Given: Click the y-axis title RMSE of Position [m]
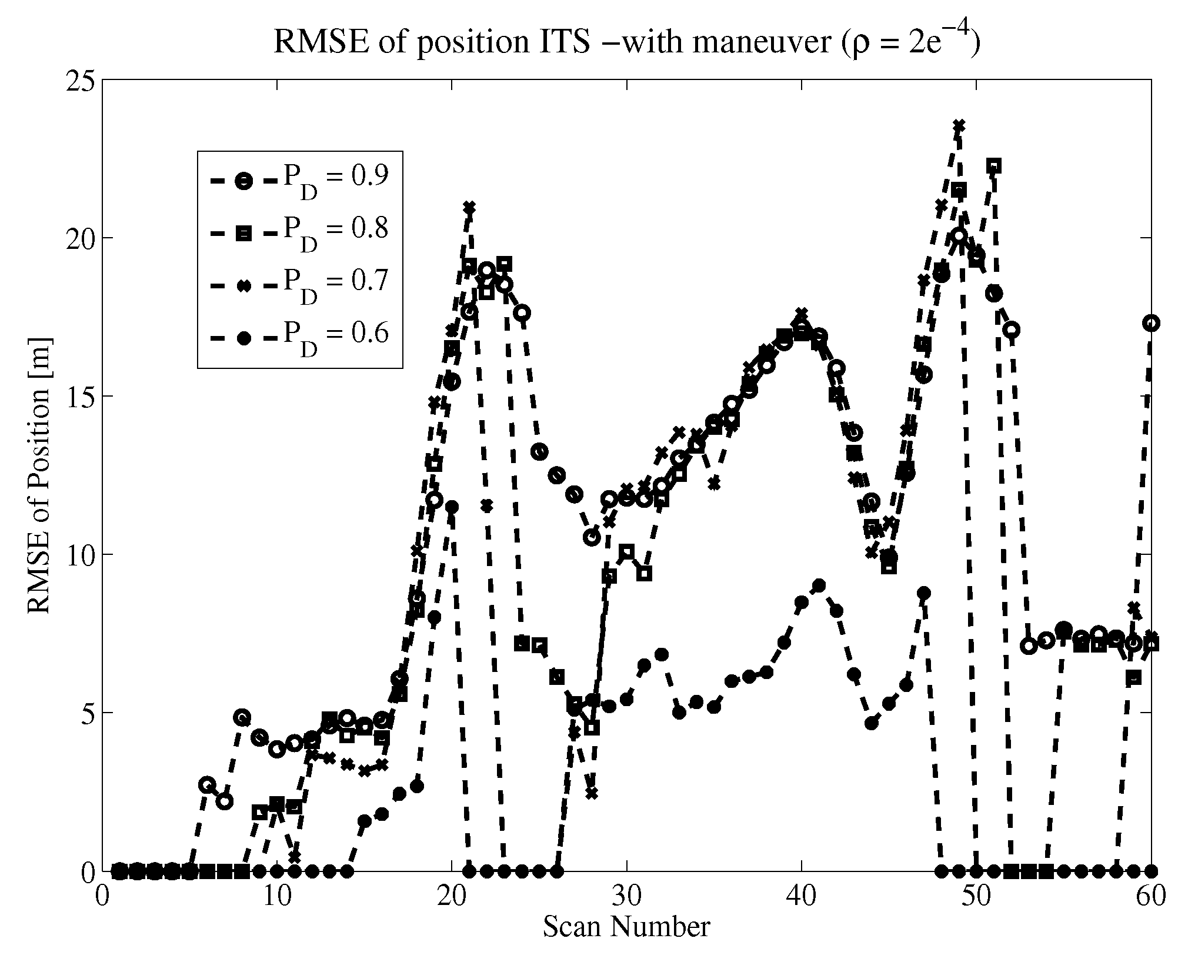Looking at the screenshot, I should pos(40,475).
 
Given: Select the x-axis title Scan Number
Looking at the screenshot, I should pos(626,926).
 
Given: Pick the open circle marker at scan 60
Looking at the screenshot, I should pos(1152,322).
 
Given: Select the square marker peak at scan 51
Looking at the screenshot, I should pos(994,167).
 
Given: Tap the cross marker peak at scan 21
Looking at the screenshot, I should pos(469,207).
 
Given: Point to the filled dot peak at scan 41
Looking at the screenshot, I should pos(819,585).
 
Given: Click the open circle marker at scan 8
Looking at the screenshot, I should pos(242,717).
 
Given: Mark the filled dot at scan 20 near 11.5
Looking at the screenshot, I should pos(452,507).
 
